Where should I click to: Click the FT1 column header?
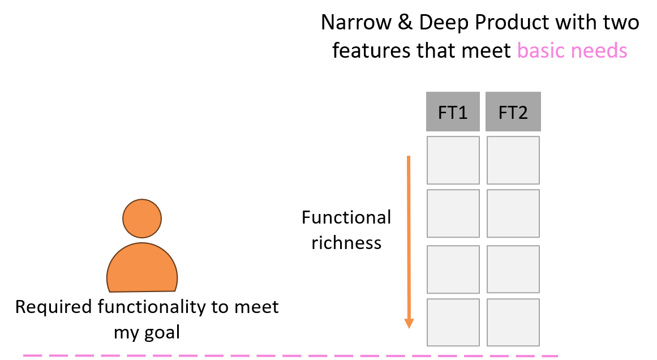453,112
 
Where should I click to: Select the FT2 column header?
513,112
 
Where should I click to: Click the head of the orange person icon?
142,218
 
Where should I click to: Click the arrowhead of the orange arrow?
409,324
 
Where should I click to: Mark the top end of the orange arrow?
409,157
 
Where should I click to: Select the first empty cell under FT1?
453,160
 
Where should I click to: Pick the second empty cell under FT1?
453,213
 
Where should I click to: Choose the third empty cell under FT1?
453,269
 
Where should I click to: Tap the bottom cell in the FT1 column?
453,322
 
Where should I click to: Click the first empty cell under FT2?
513,160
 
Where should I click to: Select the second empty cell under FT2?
513,213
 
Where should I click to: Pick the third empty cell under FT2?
513,269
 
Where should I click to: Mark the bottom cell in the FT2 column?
513,322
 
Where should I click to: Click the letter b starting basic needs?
522,51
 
